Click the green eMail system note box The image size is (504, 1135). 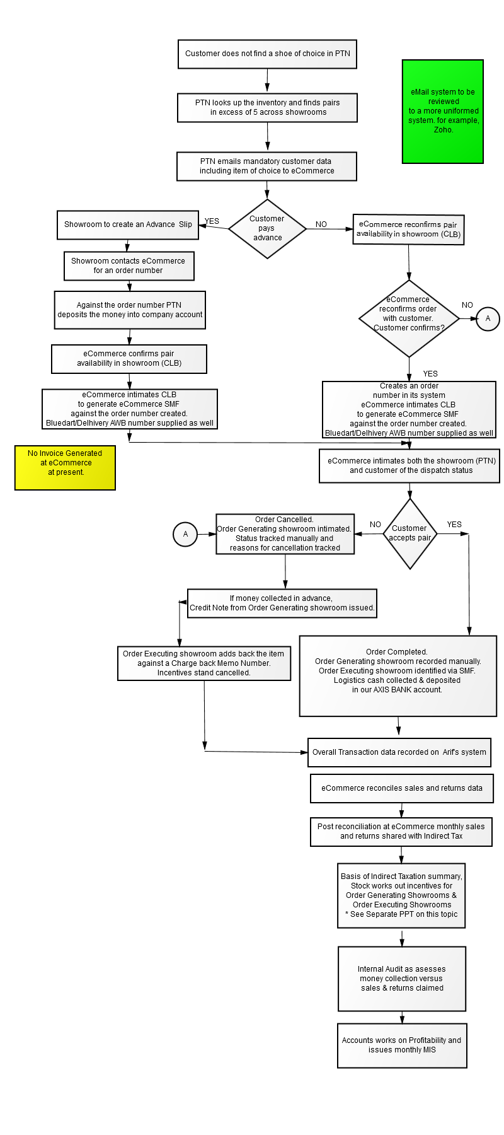point(442,112)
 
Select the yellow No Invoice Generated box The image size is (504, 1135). point(65,467)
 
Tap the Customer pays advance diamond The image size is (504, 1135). point(267,228)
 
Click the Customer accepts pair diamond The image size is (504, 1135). point(410,533)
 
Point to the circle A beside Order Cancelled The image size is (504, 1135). point(185,534)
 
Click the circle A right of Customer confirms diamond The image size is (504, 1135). point(488,318)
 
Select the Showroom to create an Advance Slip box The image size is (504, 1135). point(128,224)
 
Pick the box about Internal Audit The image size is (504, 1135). point(402,979)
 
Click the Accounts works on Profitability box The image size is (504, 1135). point(402,1045)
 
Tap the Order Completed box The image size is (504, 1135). point(398,675)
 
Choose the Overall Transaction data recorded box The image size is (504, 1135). point(399,752)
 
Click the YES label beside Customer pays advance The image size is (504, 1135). point(212,221)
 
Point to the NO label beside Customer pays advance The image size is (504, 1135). point(321,224)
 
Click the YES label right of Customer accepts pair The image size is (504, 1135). point(454,525)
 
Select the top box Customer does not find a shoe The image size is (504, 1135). point(268,54)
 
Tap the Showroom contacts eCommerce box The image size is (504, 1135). point(129,266)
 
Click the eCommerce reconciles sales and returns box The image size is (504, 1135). point(402,788)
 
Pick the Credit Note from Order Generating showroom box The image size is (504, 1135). point(282,603)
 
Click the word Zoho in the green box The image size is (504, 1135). point(443,130)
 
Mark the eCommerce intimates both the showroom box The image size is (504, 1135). point(409,466)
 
